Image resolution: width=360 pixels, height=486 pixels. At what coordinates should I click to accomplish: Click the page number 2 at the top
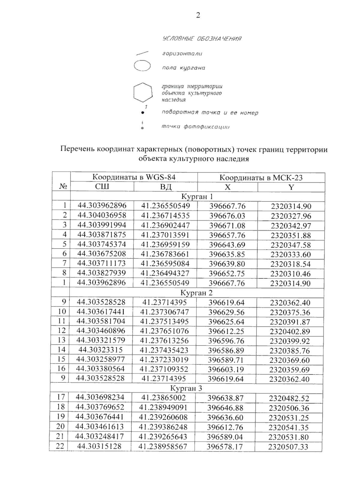pyautogui.click(x=198, y=15)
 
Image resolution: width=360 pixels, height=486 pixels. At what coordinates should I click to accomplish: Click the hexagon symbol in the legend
pyautogui.click(x=142, y=92)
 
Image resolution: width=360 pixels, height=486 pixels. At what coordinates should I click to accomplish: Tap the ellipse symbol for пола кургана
pyautogui.click(x=142, y=66)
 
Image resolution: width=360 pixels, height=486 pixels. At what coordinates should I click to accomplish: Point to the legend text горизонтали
pyautogui.click(x=182, y=54)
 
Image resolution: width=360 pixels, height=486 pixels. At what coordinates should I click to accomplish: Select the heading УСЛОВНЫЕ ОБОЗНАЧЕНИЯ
pyautogui.click(x=202, y=39)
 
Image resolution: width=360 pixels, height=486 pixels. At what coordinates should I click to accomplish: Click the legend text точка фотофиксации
pyautogui.click(x=196, y=127)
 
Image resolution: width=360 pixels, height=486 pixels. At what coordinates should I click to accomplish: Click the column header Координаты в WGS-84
pyautogui.click(x=134, y=177)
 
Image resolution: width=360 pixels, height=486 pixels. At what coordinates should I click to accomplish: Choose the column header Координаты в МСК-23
pyautogui.click(x=261, y=177)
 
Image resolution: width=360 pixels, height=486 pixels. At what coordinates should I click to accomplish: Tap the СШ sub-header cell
pyautogui.click(x=102, y=187)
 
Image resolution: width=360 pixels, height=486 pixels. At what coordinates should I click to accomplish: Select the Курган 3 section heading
pyautogui.click(x=186, y=388)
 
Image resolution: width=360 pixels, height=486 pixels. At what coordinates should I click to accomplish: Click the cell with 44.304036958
pyautogui.click(x=102, y=215)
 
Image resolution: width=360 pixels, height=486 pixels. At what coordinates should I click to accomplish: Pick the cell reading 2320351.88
pyautogui.click(x=291, y=235)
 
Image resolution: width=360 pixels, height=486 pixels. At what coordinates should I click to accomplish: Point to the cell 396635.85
pyautogui.click(x=227, y=254)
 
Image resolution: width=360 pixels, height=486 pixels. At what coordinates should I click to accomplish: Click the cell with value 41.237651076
pyautogui.click(x=164, y=331)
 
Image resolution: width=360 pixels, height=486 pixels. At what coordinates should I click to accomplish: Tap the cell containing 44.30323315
pyautogui.click(x=100, y=350)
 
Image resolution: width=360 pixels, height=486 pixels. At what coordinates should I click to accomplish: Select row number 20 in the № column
pyautogui.click(x=60, y=427)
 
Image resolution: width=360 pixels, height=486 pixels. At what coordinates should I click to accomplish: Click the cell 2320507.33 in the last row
pyautogui.click(x=288, y=447)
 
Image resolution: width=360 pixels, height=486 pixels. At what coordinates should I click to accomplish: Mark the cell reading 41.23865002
pyautogui.click(x=163, y=398)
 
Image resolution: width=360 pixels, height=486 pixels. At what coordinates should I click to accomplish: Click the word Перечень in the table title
pyautogui.click(x=77, y=149)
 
